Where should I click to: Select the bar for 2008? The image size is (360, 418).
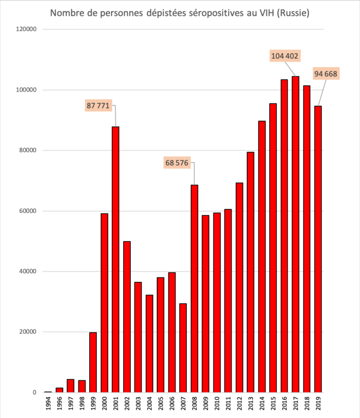[x=194, y=289]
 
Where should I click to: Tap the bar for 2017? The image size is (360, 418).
[x=295, y=234]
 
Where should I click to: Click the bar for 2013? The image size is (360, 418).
[x=251, y=272]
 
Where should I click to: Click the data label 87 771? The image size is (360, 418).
[x=99, y=105]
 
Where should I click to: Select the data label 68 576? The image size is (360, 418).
[x=177, y=162]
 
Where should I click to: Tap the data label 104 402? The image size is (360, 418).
[x=285, y=56]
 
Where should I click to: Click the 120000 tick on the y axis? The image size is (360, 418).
[x=24, y=29]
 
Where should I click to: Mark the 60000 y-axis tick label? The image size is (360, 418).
[x=26, y=211]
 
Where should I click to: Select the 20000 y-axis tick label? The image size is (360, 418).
[x=26, y=332]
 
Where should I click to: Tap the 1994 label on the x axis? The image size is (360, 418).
[x=48, y=405]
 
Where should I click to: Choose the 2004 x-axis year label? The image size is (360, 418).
[x=150, y=405]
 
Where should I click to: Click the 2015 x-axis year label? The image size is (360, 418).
[x=273, y=405]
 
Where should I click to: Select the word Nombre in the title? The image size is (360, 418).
[x=68, y=13]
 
